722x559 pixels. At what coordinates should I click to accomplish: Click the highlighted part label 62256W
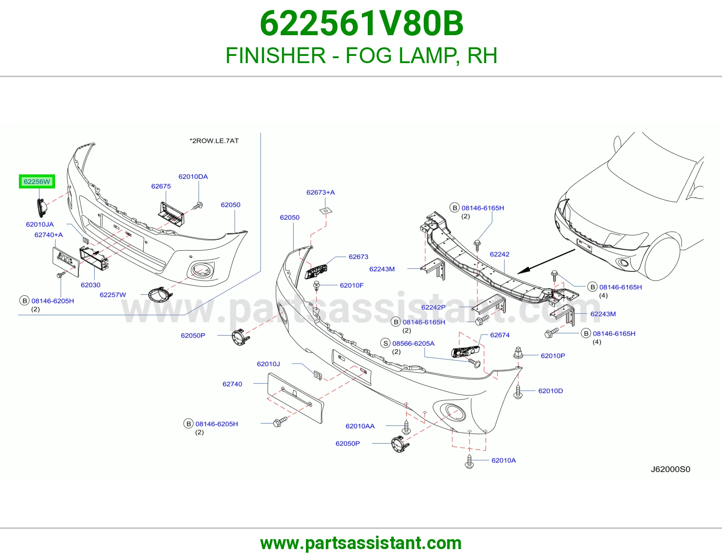(37, 182)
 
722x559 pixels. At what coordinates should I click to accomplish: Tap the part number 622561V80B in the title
(361, 23)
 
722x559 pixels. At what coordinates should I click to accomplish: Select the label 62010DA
(193, 177)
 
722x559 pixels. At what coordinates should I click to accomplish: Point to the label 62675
(161, 186)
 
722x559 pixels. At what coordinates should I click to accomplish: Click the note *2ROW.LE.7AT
(214, 141)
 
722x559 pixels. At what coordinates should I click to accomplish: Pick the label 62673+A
(320, 192)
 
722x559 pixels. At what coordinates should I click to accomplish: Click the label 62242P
(433, 307)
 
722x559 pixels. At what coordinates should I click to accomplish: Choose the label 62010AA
(360, 426)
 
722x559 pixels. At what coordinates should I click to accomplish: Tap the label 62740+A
(49, 235)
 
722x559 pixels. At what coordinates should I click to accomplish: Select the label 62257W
(113, 295)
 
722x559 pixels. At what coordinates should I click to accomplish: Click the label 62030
(90, 285)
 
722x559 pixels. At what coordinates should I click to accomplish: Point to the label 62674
(500, 335)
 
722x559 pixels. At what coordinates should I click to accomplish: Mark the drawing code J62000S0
(671, 469)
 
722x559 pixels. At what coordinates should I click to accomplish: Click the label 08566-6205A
(413, 343)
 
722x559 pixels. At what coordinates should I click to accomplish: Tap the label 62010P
(553, 356)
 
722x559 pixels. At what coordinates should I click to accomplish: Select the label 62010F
(352, 285)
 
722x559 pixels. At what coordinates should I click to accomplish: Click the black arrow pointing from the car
(546, 261)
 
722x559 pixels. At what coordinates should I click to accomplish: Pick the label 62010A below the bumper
(504, 460)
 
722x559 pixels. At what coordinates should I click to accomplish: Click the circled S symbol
(385, 343)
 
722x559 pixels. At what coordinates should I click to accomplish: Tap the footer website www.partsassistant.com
(361, 543)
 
